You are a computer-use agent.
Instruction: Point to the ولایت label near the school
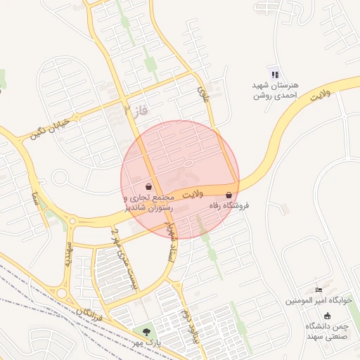coord(319,98)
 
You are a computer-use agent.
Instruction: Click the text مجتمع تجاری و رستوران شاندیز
coord(150,204)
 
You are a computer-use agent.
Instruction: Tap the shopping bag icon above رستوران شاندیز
coord(150,186)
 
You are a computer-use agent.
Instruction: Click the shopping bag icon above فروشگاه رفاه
coord(229,195)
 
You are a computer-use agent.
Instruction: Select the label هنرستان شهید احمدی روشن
coord(275,90)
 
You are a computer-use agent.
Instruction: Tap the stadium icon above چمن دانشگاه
coord(326,316)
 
